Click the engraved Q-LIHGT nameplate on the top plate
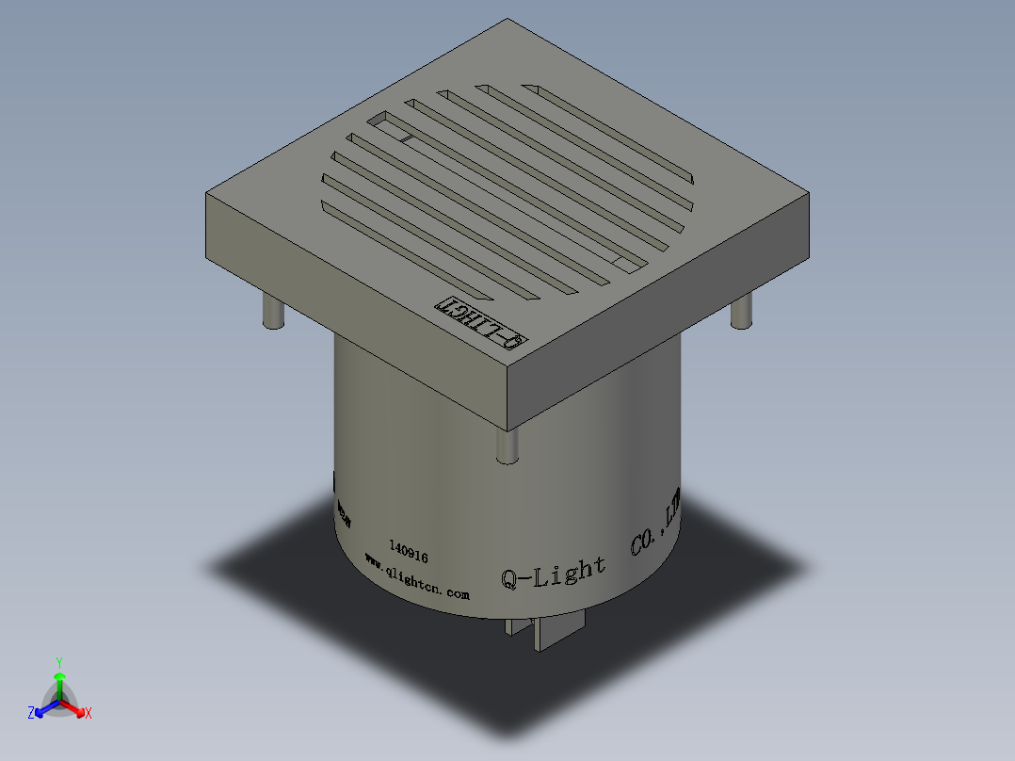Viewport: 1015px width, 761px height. (x=480, y=322)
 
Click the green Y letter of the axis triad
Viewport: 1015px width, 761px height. (x=59, y=662)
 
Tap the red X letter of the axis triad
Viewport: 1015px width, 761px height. (x=89, y=714)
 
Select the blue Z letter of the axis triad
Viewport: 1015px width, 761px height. (x=31, y=714)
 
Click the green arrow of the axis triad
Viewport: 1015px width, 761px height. (x=59, y=683)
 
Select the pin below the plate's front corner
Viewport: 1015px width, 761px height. (x=507, y=445)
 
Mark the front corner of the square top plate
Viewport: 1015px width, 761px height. (x=507, y=369)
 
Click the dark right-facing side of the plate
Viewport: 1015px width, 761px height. (x=659, y=320)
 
